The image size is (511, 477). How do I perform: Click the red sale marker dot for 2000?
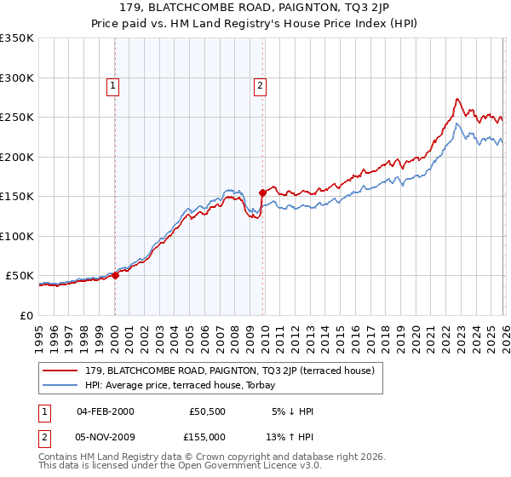(x=116, y=275)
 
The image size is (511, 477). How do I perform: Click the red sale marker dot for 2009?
(x=262, y=193)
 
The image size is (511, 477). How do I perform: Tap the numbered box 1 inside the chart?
(x=113, y=84)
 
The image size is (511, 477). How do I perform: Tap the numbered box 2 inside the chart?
(x=260, y=84)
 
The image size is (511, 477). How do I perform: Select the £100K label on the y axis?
(x=19, y=236)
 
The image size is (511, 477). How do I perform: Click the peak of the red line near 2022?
(x=457, y=99)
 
